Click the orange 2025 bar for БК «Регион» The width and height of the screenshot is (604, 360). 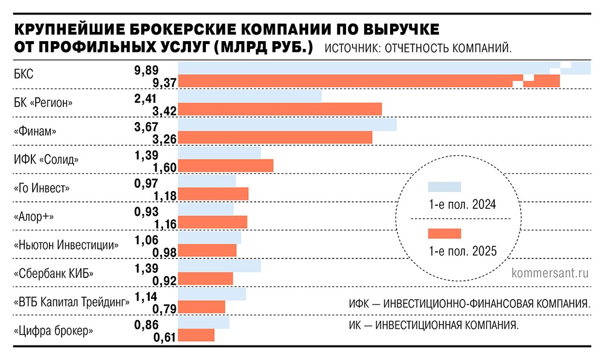click(x=280, y=109)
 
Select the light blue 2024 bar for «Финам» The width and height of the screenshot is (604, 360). click(x=287, y=124)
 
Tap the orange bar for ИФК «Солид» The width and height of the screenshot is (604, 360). click(x=225, y=166)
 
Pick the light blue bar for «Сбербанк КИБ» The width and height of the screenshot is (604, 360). click(x=219, y=266)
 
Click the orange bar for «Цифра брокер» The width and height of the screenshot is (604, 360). click(x=196, y=335)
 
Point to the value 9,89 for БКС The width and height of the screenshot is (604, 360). click(x=146, y=69)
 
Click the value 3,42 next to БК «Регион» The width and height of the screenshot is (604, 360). click(x=164, y=111)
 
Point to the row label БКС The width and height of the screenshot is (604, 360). click(x=23, y=76)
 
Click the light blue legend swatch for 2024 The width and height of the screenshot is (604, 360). click(x=444, y=187)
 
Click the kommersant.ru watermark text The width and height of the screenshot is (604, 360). click(x=550, y=272)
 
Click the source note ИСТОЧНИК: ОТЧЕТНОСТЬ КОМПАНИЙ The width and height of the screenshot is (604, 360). click(x=417, y=48)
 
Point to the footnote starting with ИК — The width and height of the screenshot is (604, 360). click(x=433, y=326)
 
